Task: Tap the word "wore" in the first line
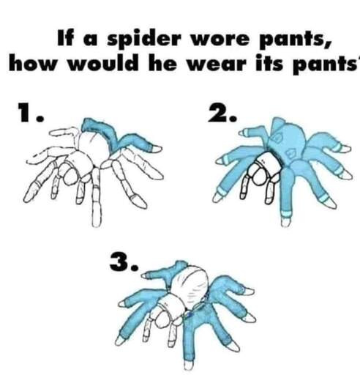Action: [x=220, y=40]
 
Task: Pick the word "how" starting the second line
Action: [x=33, y=64]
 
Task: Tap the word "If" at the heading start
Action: [x=65, y=38]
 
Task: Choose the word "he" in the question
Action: [x=162, y=64]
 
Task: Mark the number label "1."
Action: [x=31, y=112]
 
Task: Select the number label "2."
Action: [x=222, y=112]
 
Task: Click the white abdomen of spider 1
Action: [x=93, y=147]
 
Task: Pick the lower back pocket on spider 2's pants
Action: [x=292, y=154]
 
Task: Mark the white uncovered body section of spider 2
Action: [x=269, y=163]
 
